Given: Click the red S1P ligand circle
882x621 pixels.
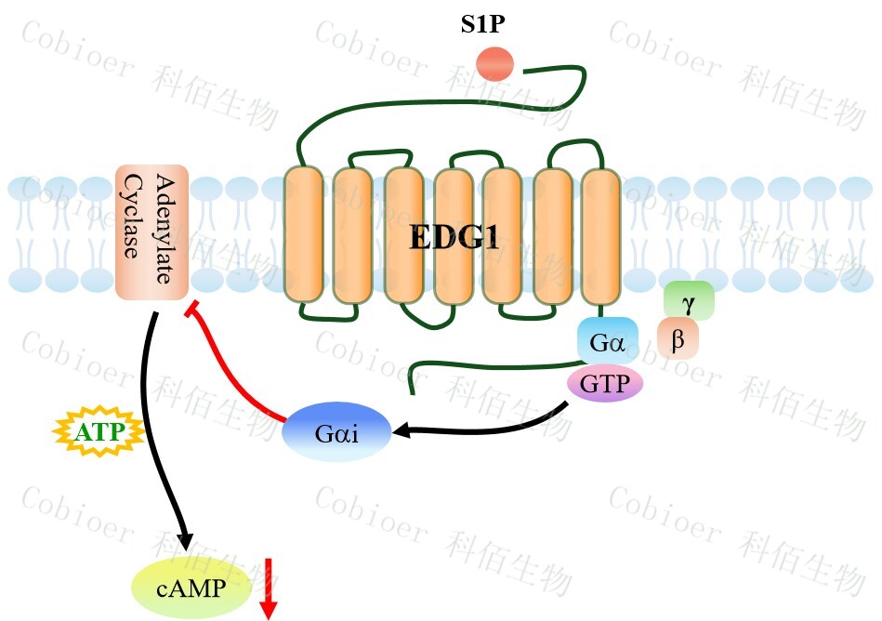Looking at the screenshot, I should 495,64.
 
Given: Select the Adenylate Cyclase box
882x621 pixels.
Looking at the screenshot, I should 152,232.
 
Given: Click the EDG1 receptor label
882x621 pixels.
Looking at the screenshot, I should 454,238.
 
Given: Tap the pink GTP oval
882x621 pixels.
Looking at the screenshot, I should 605,383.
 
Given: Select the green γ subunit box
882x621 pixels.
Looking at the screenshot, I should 689,301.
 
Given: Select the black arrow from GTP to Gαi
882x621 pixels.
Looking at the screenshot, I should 483,429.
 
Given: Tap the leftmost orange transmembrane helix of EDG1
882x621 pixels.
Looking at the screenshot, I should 302,234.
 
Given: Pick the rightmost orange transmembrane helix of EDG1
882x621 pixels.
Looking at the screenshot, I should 600,234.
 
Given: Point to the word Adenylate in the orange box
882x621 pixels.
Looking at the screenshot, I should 165,229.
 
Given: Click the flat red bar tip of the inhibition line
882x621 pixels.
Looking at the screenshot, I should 193,310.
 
